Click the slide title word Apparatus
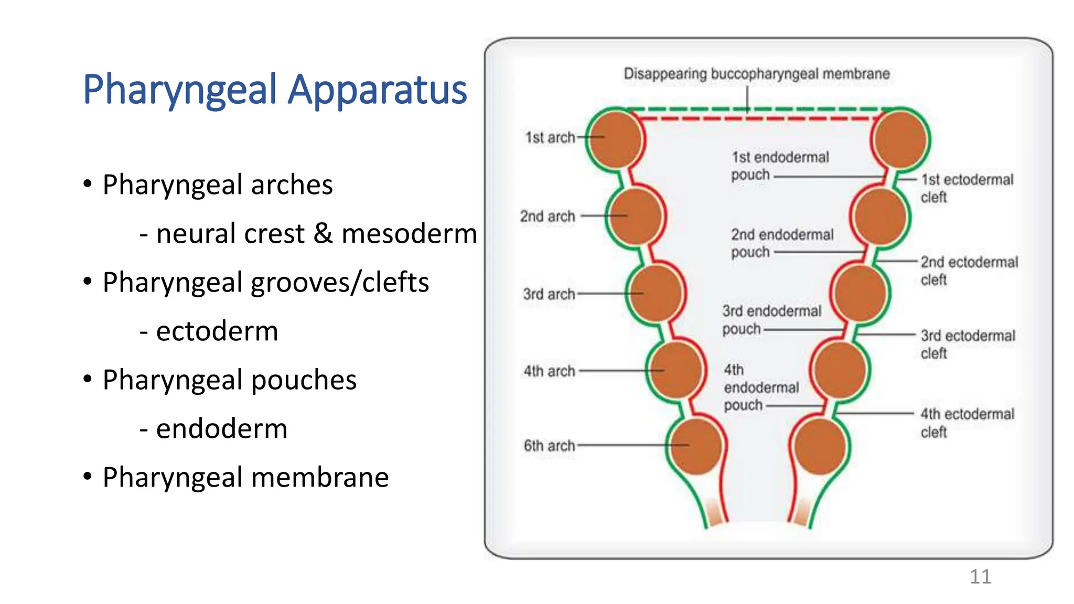click(x=377, y=90)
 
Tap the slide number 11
click(x=980, y=577)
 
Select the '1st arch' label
click(x=550, y=137)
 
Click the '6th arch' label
click(x=549, y=446)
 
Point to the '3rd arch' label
click(x=549, y=294)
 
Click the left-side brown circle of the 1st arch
click(x=616, y=139)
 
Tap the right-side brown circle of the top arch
click(x=900, y=139)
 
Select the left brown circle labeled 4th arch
click(x=675, y=370)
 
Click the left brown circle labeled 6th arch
click(x=696, y=447)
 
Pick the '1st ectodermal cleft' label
click(x=966, y=188)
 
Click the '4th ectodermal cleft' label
click(x=966, y=423)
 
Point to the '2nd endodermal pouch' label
click(x=781, y=243)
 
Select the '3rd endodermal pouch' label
click(x=771, y=319)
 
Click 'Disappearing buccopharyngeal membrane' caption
click(x=756, y=74)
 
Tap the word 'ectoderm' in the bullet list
click(x=217, y=331)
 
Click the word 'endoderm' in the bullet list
click(x=221, y=428)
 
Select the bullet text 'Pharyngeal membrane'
click(x=245, y=477)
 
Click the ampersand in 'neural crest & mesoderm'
click(x=323, y=233)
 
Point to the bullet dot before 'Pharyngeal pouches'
click(x=88, y=379)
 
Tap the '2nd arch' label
click(x=547, y=216)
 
